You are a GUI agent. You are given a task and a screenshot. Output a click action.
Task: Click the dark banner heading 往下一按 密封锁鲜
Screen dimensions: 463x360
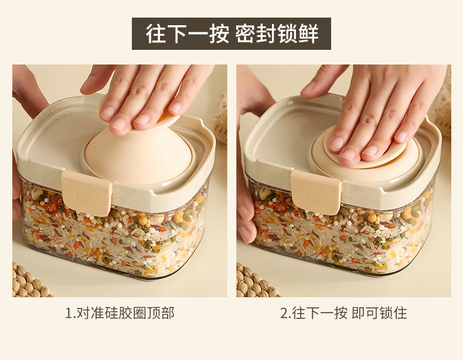click(231, 33)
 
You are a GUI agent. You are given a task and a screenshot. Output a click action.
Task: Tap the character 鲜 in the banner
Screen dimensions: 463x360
click(308, 34)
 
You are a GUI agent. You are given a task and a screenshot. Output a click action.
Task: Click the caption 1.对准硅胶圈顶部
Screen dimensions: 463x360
click(120, 313)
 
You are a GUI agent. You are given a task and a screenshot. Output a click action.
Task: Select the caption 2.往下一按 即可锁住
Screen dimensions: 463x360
click(343, 313)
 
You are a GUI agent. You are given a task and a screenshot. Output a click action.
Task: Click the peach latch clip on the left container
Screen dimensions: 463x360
click(87, 192)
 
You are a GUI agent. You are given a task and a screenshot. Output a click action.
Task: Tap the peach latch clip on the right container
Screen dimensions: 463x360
click(316, 192)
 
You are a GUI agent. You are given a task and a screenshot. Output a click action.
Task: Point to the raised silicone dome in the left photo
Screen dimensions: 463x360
click(139, 154)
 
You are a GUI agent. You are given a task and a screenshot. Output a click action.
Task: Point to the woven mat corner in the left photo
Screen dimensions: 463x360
click(29, 281)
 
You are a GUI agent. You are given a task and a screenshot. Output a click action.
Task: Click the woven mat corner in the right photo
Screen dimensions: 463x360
click(256, 281)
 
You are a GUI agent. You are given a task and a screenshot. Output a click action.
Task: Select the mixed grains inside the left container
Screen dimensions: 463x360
click(115, 233)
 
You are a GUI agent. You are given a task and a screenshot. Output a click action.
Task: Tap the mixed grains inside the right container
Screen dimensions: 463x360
click(342, 230)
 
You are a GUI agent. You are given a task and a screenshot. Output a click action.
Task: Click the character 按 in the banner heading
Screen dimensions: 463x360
click(219, 34)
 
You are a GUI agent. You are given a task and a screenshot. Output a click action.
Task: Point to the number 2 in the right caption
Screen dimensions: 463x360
click(284, 313)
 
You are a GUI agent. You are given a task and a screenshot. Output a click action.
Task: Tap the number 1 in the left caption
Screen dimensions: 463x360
click(69, 313)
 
